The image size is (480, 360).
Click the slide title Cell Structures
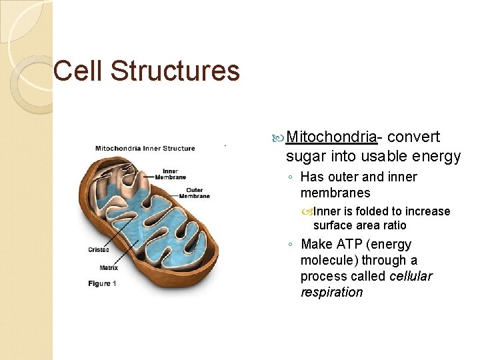(x=146, y=71)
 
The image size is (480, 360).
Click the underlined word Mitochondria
(x=331, y=137)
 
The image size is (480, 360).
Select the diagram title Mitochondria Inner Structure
(x=145, y=148)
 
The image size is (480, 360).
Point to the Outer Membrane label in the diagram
(x=194, y=193)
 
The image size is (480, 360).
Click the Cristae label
(x=99, y=250)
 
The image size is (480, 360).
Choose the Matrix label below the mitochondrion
(x=109, y=267)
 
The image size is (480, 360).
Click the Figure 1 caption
(x=102, y=283)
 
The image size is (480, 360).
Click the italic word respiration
(x=331, y=292)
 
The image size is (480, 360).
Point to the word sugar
(x=304, y=157)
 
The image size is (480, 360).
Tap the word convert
(x=413, y=137)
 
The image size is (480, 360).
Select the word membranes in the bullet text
(x=335, y=193)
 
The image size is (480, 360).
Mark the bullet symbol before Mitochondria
(x=278, y=138)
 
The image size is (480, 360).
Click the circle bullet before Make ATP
(x=293, y=245)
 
